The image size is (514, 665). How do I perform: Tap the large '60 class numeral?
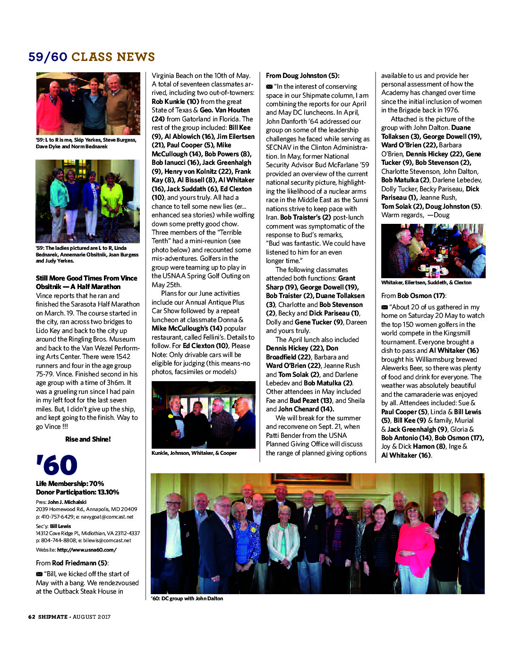pos(57,465)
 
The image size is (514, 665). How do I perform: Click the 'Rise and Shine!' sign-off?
pos(88,439)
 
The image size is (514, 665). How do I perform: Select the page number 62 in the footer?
pos(32,617)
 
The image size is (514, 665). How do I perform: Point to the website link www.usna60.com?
pos(86,550)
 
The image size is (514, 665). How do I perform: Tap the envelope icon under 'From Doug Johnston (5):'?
pos(269,86)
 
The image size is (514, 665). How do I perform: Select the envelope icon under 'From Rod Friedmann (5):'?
pos(39,574)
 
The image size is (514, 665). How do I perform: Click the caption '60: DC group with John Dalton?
pos(187,598)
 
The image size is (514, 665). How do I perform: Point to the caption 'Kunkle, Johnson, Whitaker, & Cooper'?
pos(194,453)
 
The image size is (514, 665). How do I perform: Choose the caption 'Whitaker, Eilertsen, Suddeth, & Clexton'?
pos(426,282)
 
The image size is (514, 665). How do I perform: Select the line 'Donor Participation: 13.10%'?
pos(77,492)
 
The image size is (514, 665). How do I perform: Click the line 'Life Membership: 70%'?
pos(70,484)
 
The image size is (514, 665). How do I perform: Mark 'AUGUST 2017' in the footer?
pos(92,617)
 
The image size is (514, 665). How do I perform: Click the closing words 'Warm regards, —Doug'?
pos(415,215)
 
